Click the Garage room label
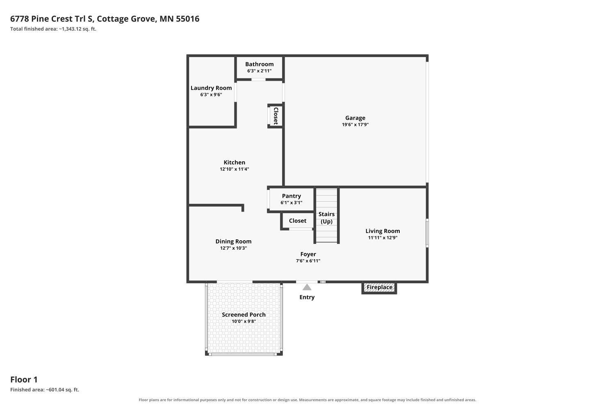355,118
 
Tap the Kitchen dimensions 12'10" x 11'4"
235,169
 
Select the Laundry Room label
211,88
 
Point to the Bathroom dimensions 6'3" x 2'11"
260,71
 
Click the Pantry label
291,196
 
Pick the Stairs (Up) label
326,218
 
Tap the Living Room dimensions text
383,237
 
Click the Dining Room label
233,241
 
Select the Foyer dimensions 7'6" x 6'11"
308,261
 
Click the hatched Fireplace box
379,287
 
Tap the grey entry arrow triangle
307,287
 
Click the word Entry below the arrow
307,297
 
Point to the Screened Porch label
244,315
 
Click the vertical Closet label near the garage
276,116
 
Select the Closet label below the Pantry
298,221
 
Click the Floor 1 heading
24,380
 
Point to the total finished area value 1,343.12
71,29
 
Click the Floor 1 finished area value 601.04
56,389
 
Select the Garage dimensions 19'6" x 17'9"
355,124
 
